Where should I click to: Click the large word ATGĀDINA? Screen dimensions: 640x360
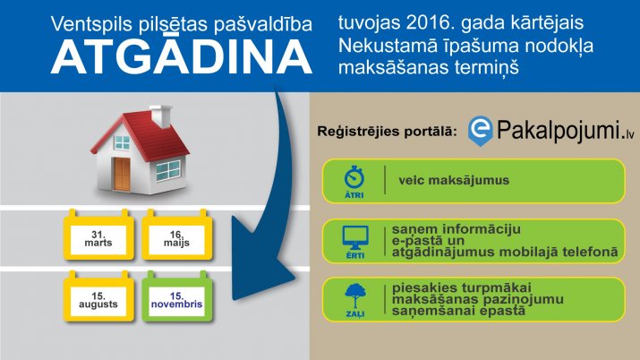click(182, 56)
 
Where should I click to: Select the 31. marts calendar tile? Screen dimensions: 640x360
click(98, 235)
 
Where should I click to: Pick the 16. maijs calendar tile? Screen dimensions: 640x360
click(176, 235)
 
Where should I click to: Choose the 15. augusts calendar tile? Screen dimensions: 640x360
click(98, 296)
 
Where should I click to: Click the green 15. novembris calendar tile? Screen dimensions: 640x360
click(176, 296)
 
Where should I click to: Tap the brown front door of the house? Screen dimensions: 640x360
click(122, 175)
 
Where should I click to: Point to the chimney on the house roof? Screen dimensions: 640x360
click(161, 116)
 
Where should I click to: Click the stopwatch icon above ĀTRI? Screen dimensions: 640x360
click(354, 177)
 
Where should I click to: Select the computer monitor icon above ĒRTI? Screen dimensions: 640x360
click(355, 237)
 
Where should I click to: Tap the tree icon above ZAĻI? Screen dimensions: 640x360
click(355, 296)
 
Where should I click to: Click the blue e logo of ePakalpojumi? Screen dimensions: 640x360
click(480, 131)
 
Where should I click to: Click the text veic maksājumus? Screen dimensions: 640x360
click(454, 180)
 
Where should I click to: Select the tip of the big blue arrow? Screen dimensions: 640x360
click(294, 279)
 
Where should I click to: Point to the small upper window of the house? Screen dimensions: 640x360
click(122, 142)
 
